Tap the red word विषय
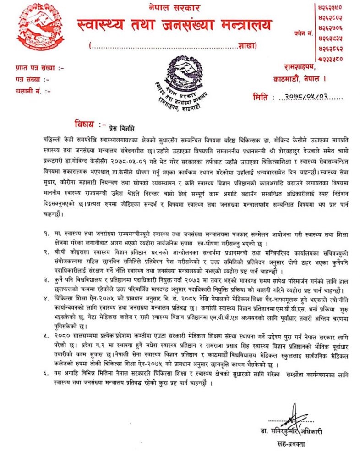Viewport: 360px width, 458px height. click(x=84, y=124)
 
